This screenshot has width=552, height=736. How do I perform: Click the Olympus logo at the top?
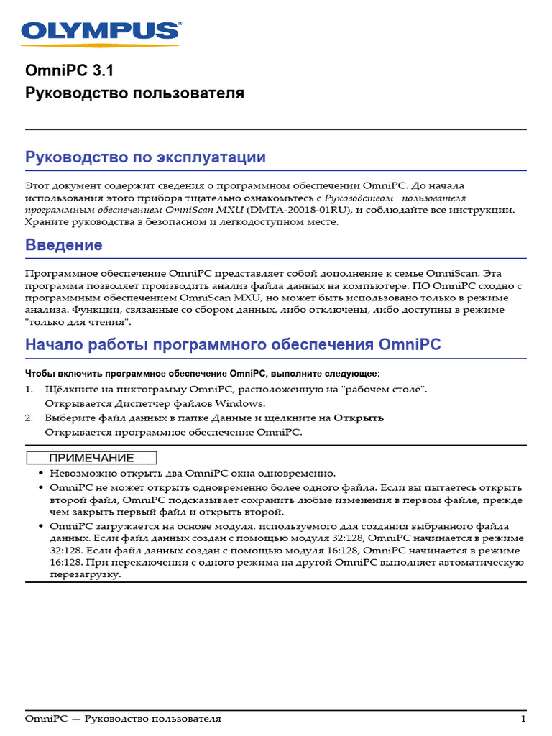101,31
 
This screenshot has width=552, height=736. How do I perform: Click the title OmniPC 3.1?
70,71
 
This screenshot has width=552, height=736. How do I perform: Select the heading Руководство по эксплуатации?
145,157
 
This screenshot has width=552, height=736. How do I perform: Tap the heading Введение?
64,245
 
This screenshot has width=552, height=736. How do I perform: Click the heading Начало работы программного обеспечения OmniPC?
233,345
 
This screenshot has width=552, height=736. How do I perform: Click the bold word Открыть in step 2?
359,418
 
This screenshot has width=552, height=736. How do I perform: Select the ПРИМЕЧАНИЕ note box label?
91,458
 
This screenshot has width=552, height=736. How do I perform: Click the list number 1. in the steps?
29,389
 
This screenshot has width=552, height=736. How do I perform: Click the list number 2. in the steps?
29,418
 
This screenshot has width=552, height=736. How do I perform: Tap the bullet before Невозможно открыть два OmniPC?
40,474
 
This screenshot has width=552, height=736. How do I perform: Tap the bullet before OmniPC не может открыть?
40,487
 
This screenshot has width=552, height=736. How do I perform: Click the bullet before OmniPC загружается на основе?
40,526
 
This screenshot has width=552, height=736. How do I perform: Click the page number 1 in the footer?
523,719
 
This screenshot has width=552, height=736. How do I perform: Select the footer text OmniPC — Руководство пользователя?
123,719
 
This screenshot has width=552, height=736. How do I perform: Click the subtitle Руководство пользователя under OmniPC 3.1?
134,93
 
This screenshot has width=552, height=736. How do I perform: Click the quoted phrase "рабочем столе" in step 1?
385,389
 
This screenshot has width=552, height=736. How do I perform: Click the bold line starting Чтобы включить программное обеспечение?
202,374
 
